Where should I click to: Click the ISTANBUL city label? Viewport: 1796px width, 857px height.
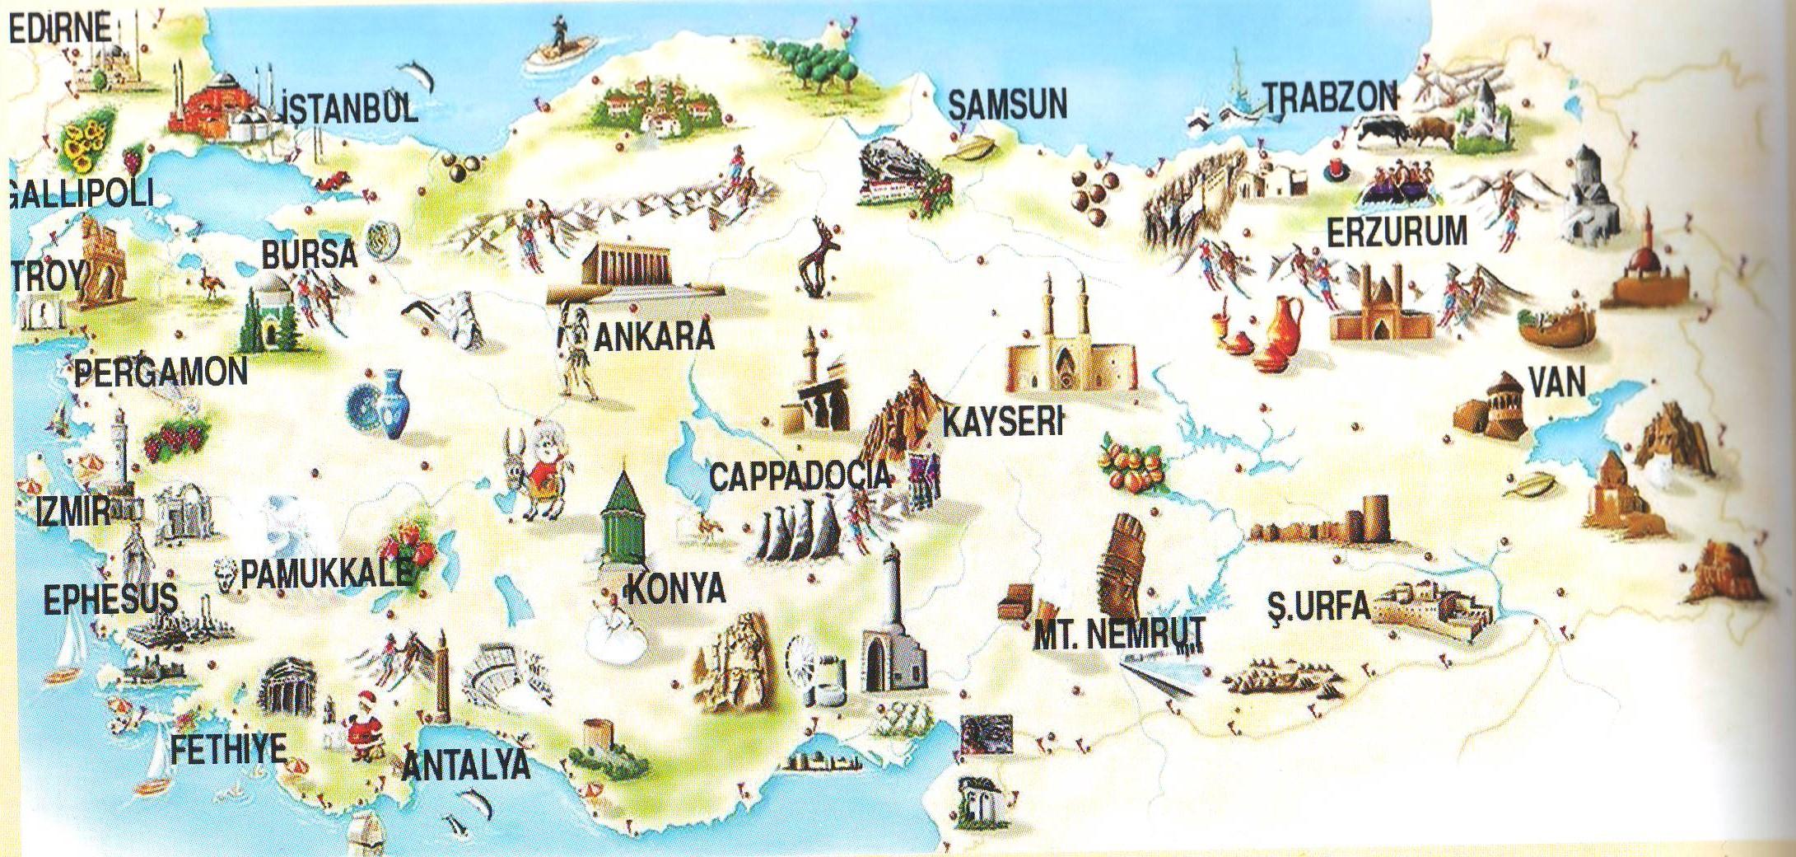[349, 106]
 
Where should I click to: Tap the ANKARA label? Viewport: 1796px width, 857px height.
[653, 336]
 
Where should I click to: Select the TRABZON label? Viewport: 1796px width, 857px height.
[1330, 98]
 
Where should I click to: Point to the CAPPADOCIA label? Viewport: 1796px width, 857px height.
[800, 477]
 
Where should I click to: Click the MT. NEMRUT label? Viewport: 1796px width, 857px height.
[1119, 633]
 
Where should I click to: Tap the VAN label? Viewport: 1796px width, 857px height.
[1556, 382]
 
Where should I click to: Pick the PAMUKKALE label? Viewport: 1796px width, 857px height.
[325, 574]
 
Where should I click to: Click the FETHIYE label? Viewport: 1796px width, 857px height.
[228, 750]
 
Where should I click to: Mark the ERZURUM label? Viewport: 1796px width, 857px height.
[1397, 232]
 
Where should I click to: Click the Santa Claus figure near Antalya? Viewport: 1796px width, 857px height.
[362, 725]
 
